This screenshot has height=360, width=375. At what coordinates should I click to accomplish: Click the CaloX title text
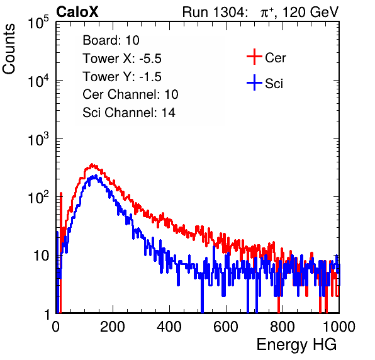point(77,12)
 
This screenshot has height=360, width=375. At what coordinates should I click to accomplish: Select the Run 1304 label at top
point(213,12)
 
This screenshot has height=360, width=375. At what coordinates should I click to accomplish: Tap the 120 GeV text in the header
point(310,12)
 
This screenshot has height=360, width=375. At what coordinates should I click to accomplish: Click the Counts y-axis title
point(9,48)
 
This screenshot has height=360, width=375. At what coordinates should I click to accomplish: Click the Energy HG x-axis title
point(296,345)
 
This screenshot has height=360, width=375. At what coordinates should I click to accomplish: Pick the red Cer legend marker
point(254,57)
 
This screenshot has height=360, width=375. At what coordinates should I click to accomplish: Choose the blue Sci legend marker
point(254,82)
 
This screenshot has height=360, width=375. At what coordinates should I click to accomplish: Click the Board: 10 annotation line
point(111,40)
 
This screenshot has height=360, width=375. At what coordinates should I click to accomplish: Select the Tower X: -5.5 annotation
point(122,59)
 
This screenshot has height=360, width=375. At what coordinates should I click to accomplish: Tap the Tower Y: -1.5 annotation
point(122,77)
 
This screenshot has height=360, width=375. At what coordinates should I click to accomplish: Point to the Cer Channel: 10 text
point(130,94)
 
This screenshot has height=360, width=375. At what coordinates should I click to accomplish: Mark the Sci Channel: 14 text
point(129,113)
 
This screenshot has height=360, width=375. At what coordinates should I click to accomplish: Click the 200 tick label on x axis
point(113,327)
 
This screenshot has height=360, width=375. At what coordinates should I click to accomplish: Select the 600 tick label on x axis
point(226,327)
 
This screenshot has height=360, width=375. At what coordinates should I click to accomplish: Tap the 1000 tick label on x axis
point(339,327)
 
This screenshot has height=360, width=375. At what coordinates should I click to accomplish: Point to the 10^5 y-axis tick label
point(38,22)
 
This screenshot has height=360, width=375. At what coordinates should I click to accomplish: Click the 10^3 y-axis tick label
point(38,139)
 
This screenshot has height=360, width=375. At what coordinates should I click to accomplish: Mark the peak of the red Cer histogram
point(92,164)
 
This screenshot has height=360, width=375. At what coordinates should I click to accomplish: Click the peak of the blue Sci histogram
point(96,176)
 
